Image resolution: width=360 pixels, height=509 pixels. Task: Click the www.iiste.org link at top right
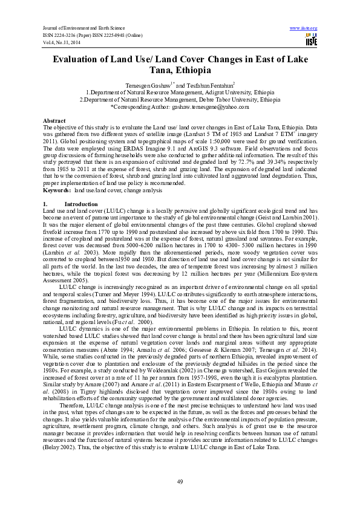point(304,28)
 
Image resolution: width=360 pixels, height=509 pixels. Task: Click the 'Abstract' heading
point(54,121)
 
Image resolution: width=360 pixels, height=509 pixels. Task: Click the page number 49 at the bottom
point(180,481)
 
